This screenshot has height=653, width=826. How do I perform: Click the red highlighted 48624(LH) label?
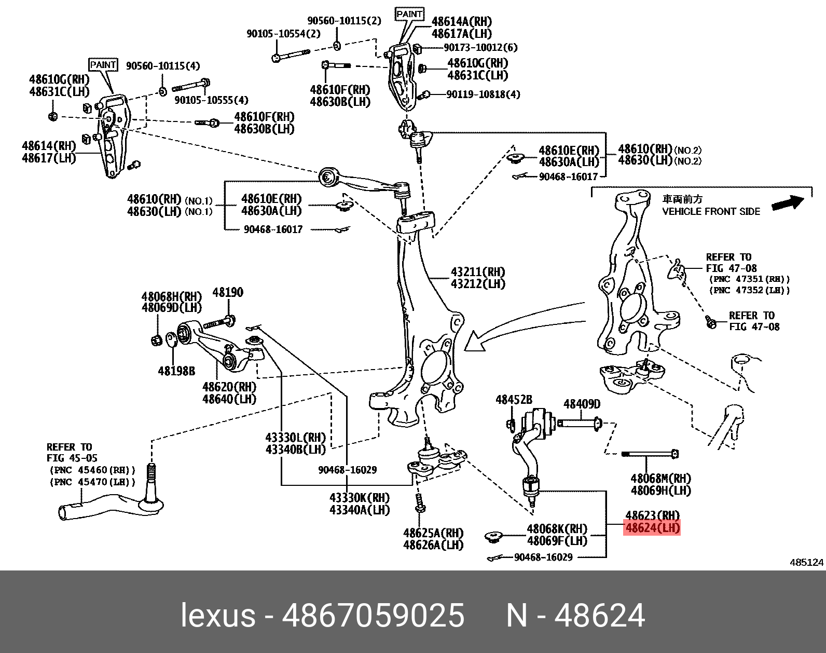tap(653, 528)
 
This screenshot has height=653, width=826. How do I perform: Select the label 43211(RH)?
tap(478, 272)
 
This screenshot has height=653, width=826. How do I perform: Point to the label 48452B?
tap(514, 400)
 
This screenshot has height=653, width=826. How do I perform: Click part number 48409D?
tap(582, 404)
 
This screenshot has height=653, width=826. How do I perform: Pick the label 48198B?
tap(176, 371)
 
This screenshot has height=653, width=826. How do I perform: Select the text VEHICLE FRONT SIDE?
tap(711, 211)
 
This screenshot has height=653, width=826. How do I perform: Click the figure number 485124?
tap(806, 562)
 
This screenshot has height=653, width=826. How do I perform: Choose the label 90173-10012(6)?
tap(480, 47)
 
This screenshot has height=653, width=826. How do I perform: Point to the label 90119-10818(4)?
tap(483, 94)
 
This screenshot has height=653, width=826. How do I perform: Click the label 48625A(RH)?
tap(433, 533)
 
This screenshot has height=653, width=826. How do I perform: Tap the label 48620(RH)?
tap(229, 387)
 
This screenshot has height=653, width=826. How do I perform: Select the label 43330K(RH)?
tap(359, 498)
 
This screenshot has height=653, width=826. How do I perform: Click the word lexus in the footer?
tap(218, 616)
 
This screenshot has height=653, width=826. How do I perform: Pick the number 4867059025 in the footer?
tap(373, 616)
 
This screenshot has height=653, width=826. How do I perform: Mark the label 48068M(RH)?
tap(660, 478)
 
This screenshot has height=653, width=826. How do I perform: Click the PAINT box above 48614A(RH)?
tap(409, 14)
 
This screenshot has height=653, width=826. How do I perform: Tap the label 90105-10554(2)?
tap(283, 34)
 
